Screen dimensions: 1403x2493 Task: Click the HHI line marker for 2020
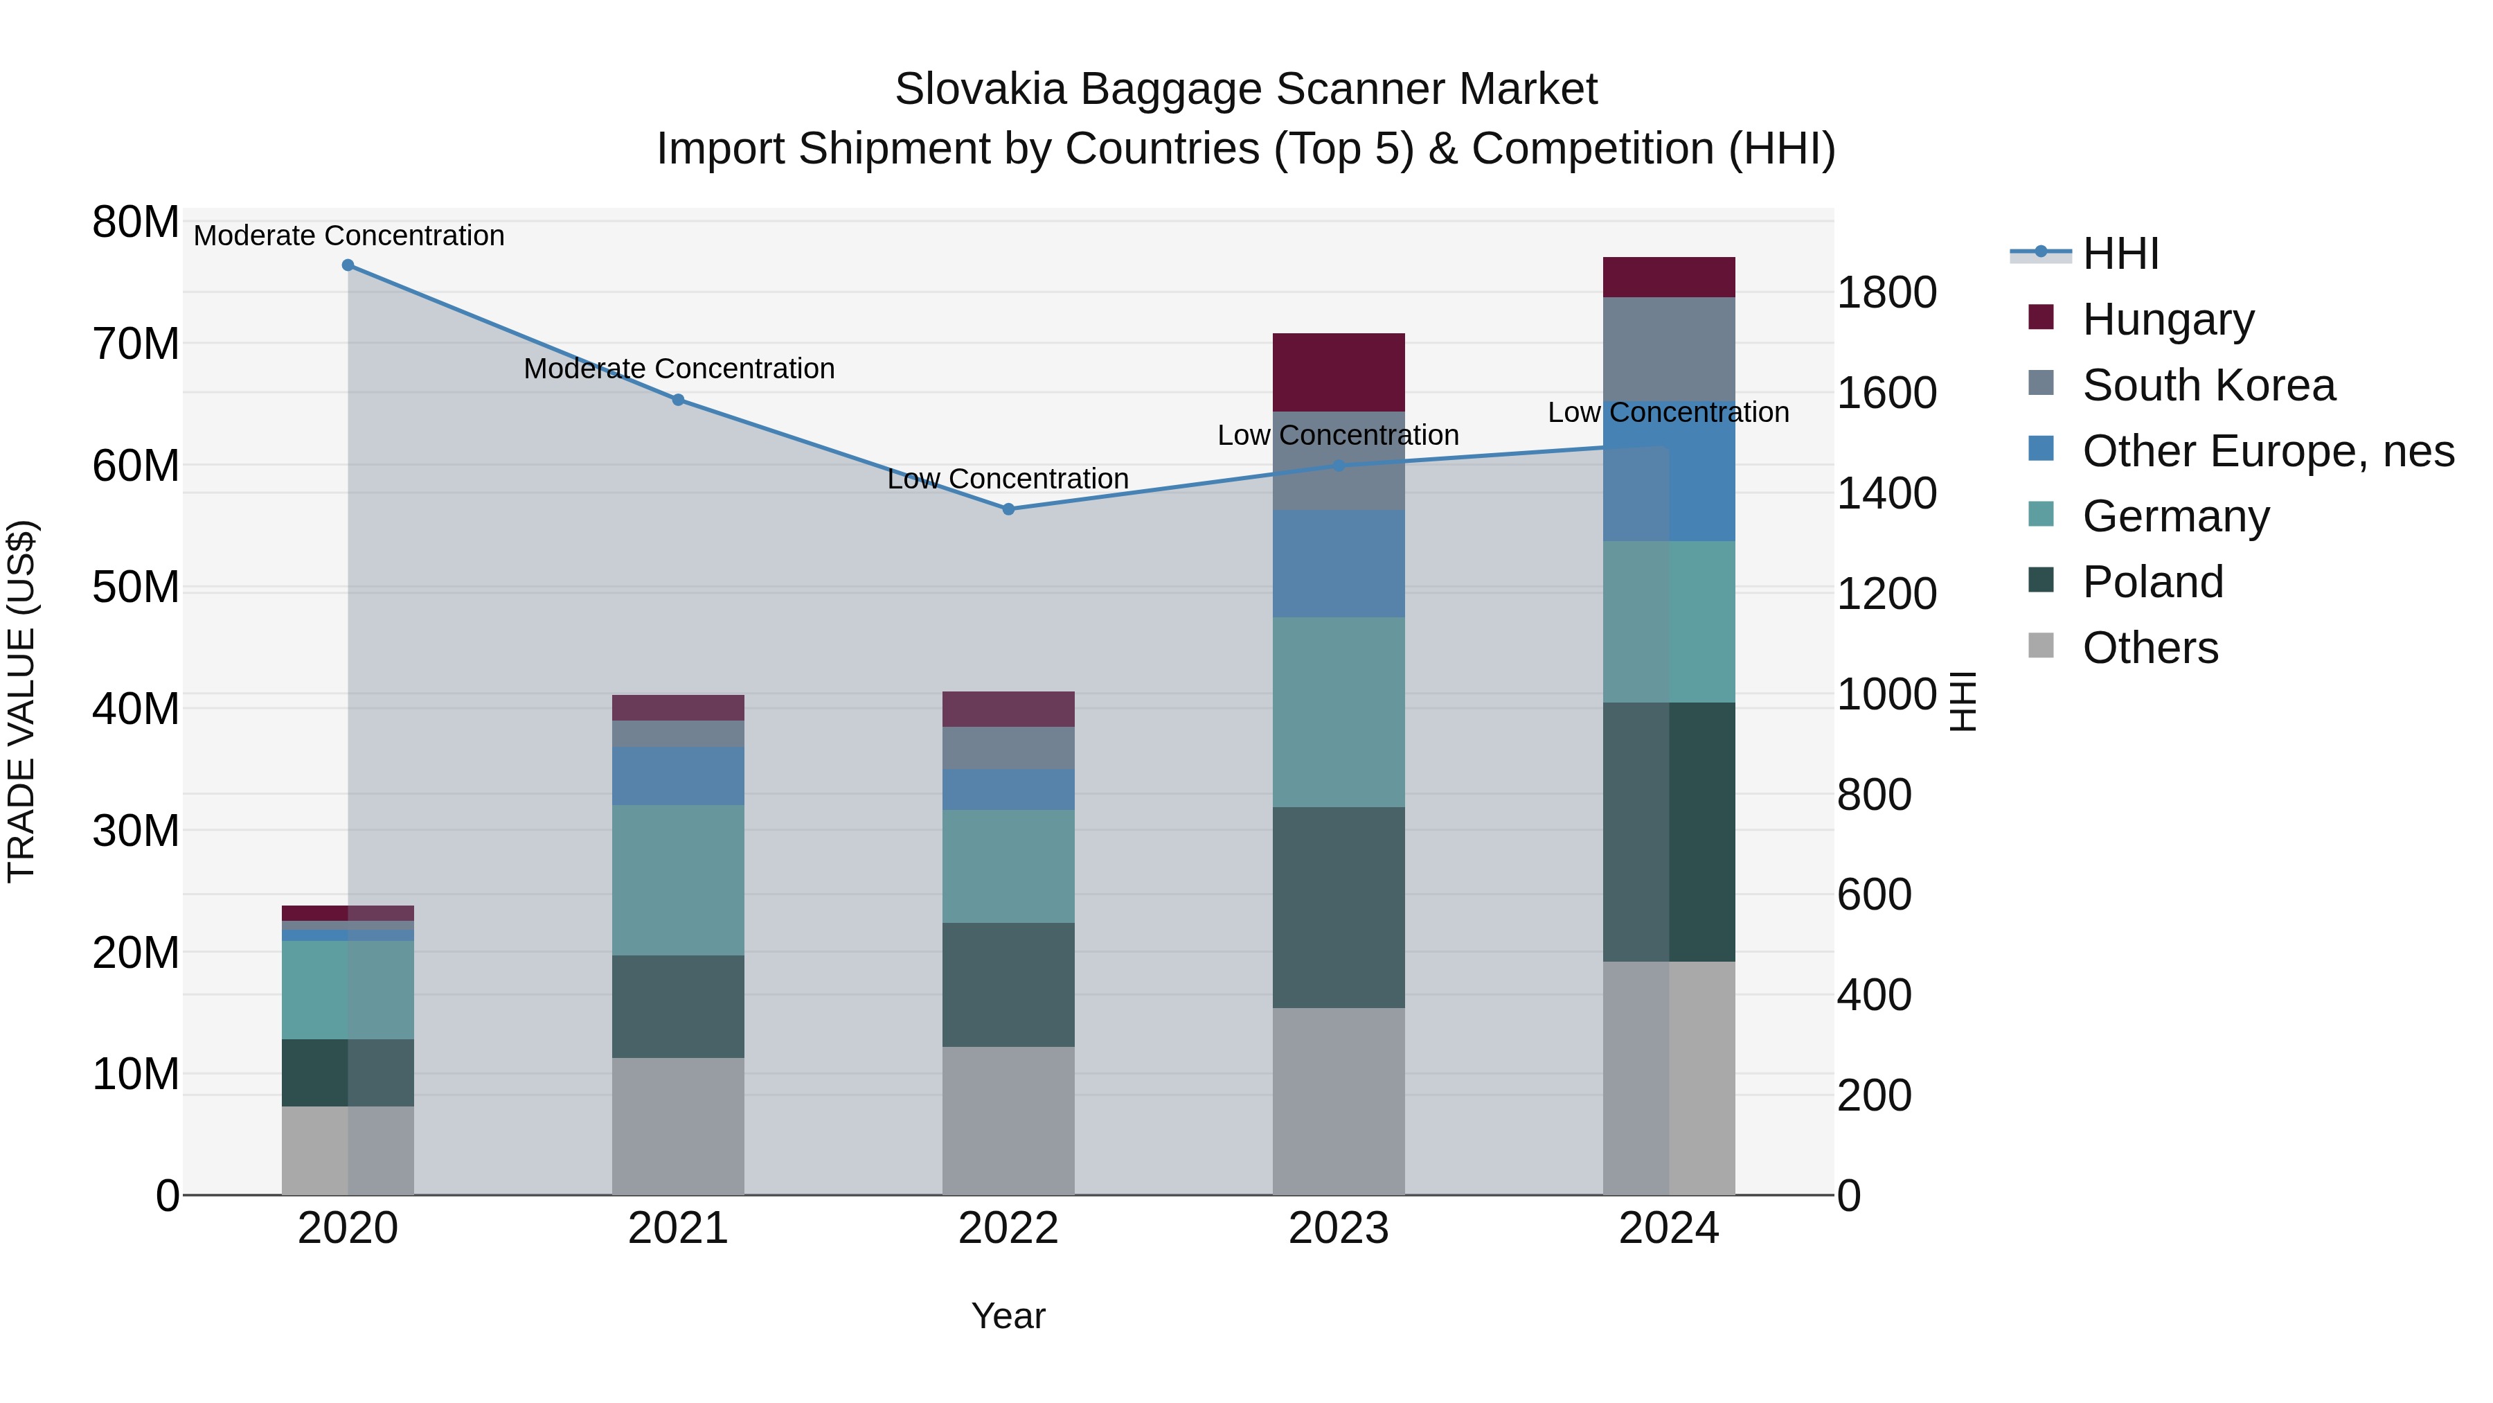[x=348, y=265]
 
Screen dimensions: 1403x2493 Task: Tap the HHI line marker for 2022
[x=1008, y=509]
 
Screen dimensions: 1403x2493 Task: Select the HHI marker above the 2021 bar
[x=679, y=400]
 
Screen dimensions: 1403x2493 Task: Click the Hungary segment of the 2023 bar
[x=1339, y=372]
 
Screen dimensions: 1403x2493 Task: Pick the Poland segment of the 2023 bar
[x=1339, y=907]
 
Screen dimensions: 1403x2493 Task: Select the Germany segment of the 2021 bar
[x=679, y=880]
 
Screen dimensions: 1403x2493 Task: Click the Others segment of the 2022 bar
[x=1008, y=1120]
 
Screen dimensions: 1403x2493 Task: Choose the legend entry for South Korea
[x=2208, y=385]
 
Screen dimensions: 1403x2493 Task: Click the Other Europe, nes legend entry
[x=2267, y=451]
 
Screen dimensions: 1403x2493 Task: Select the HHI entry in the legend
[x=2120, y=254]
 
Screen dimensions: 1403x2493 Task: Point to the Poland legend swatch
[x=2040, y=581]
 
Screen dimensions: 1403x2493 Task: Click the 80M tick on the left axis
[x=136, y=222]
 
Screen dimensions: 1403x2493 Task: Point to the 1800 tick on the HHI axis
[x=1886, y=292]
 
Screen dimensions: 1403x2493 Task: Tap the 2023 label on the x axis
[x=1339, y=1228]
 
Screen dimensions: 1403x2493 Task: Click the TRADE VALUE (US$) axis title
[x=21, y=701]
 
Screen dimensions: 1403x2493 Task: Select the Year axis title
[x=1008, y=1316]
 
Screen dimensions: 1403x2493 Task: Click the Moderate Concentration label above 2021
[x=679, y=369]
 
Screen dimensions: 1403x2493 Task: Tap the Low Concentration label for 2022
[x=1008, y=479]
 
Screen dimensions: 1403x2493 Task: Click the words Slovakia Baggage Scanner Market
[x=1246, y=89]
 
